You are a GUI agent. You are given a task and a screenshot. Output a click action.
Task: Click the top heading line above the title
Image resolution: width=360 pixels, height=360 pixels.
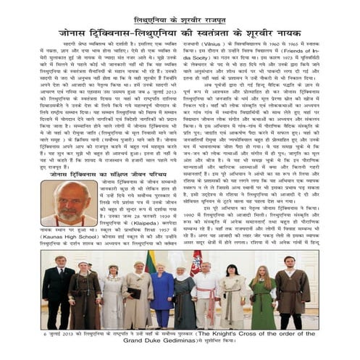(x=180, y=20)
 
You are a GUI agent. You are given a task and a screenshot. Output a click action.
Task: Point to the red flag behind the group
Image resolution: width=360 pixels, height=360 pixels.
(x=196, y=265)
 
